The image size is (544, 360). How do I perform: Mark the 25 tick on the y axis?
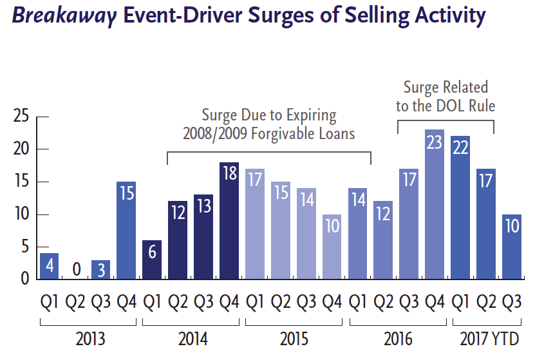[x=23, y=117]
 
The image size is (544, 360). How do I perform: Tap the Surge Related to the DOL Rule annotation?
[x=446, y=96]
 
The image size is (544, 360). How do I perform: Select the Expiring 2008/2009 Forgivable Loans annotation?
[x=269, y=125]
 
